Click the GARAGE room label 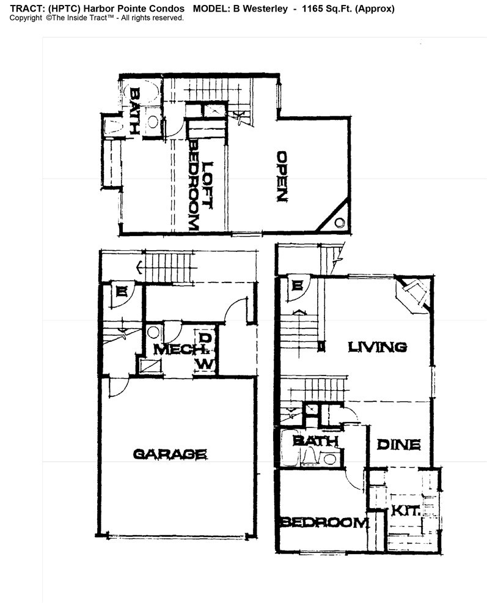(170, 454)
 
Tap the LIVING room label (377, 347)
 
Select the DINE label (398, 445)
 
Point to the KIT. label (406, 511)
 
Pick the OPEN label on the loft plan (282, 176)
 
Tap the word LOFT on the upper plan (207, 185)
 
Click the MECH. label (178, 350)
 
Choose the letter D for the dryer (206, 338)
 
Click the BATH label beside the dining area (315, 441)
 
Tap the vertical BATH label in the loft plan (134, 111)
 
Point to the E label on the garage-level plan (122, 292)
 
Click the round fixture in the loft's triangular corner (340, 222)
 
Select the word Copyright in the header (26, 18)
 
